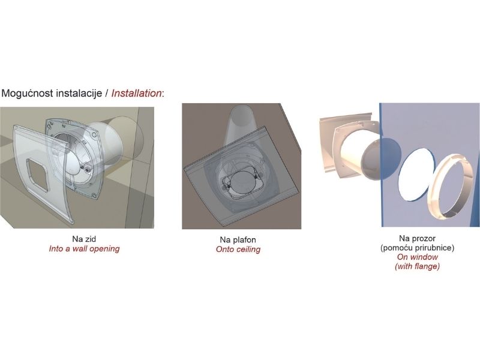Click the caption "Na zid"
[x=84, y=238]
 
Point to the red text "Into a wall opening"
[x=84, y=248]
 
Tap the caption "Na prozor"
[x=418, y=238]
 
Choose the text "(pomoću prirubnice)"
[x=418, y=247]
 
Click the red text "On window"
[x=418, y=257]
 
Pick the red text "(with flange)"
[x=418, y=266]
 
